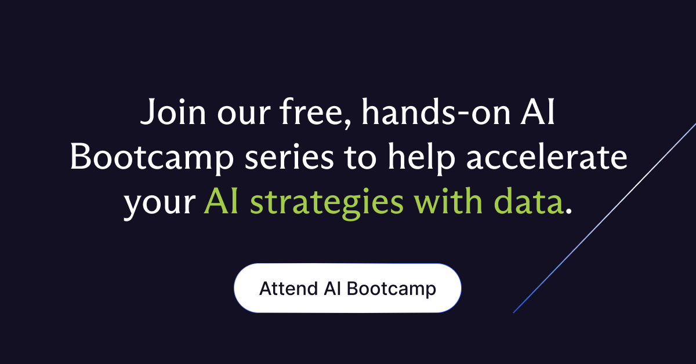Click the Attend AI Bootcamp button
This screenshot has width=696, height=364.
347,288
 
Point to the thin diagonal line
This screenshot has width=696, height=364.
609,214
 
